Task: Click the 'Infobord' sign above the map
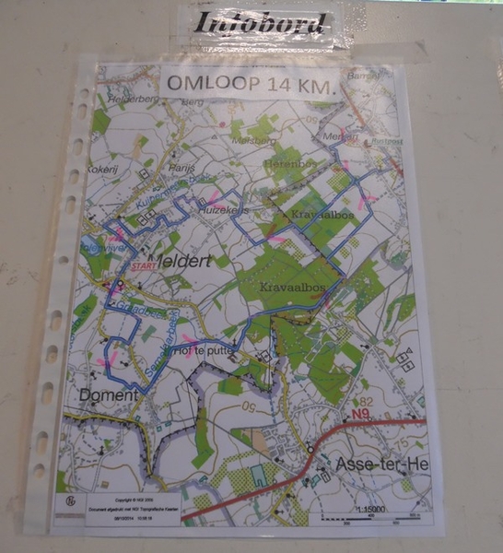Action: point(261,24)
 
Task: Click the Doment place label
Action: point(110,395)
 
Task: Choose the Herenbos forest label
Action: point(288,163)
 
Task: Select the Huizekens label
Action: point(222,210)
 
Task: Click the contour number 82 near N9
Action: point(365,402)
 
